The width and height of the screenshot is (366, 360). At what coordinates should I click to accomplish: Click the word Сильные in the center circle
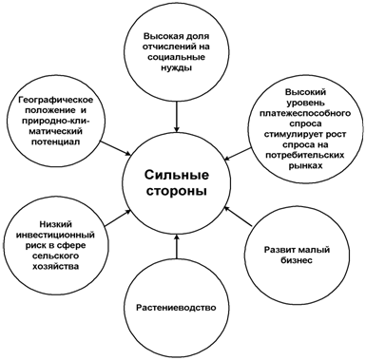(177, 175)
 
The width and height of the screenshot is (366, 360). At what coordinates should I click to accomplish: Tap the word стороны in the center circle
(177, 192)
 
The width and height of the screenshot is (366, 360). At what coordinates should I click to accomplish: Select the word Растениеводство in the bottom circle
(176, 308)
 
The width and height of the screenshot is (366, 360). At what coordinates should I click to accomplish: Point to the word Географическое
(56, 101)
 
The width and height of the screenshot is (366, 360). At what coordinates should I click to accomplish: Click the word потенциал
(55, 142)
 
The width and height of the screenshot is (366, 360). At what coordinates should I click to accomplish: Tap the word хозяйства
(56, 266)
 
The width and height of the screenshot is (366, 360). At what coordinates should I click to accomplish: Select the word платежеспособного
(305, 113)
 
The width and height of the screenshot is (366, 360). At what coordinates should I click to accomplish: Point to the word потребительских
(305, 155)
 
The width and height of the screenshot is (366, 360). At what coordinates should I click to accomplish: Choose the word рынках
(306, 165)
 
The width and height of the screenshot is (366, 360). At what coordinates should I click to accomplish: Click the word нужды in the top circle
(176, 67)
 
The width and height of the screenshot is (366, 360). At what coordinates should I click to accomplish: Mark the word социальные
(177, 57)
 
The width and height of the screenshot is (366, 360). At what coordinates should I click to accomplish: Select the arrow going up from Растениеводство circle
(177, 246)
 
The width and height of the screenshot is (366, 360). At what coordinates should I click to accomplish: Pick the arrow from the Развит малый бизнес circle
(238, 216)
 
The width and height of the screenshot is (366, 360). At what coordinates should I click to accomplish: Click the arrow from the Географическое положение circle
(115, 148)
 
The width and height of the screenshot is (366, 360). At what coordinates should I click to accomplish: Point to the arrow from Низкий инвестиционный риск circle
(117, 218)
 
